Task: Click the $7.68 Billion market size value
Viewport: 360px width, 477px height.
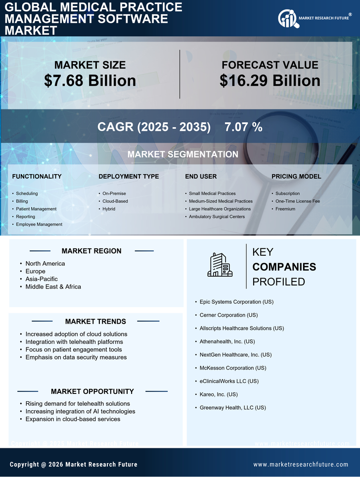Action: pos(90,81)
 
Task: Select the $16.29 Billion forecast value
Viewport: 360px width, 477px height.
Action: pos(270,81)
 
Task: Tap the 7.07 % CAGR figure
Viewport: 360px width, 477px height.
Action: pos(243,127)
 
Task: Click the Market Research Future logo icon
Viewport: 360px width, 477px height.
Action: pos(287,18)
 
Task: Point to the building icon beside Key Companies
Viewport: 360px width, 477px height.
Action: pos(220,265)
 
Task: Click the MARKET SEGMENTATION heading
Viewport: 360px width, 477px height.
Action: pos(182,154)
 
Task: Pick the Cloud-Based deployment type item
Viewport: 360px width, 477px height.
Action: pos(115,201)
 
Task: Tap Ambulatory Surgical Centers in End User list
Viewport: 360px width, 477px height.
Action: pos(217,217)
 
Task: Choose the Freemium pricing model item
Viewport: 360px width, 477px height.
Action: pos(285,209)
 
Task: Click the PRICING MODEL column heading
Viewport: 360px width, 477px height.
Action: pos(296,177)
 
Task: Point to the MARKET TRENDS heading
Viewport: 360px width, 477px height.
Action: pos(95,322)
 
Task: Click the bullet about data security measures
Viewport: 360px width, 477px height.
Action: pos(76,357)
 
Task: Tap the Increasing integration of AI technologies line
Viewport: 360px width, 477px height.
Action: pos(80,411)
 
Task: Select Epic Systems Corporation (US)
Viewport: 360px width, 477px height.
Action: pos(236,301)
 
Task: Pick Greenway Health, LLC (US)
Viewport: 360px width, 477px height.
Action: pos(233,408)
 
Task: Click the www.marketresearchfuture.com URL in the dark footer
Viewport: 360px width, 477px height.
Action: pos(301,465)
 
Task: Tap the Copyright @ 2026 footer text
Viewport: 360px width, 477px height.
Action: pos(74,465)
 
